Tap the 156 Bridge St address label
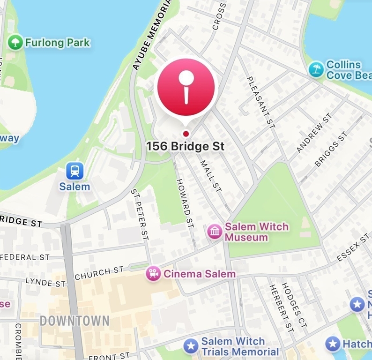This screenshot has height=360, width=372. (x=186, y=146)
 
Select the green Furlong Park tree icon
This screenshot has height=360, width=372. (x=15, y=43)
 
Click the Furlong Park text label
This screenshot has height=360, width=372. (x=57, y=43)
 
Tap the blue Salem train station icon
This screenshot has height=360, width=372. (x=74, y=171)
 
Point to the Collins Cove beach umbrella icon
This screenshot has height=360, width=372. (x=317, y=70)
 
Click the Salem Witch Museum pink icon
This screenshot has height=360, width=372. (x=215, y=232)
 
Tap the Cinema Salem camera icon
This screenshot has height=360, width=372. (x=153, y=273)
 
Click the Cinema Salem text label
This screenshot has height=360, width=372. (x=199, y=274)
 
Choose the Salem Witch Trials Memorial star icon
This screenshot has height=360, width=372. (x=191, y=346)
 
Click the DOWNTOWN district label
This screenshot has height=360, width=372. (x=74, y=321)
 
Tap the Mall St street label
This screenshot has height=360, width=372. (x=210, y=176)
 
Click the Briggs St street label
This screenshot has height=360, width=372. (x=332, y=149)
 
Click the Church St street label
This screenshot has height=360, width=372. (x=99, y=273)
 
